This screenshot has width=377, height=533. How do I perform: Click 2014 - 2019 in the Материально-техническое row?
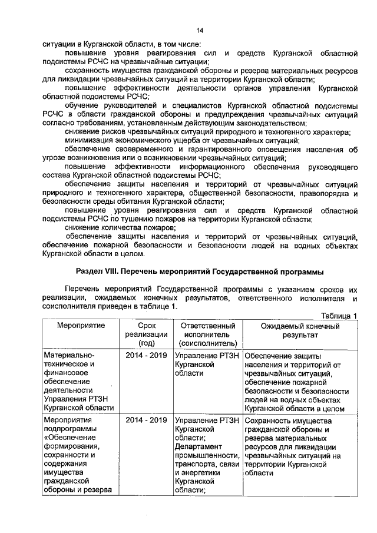146,356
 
